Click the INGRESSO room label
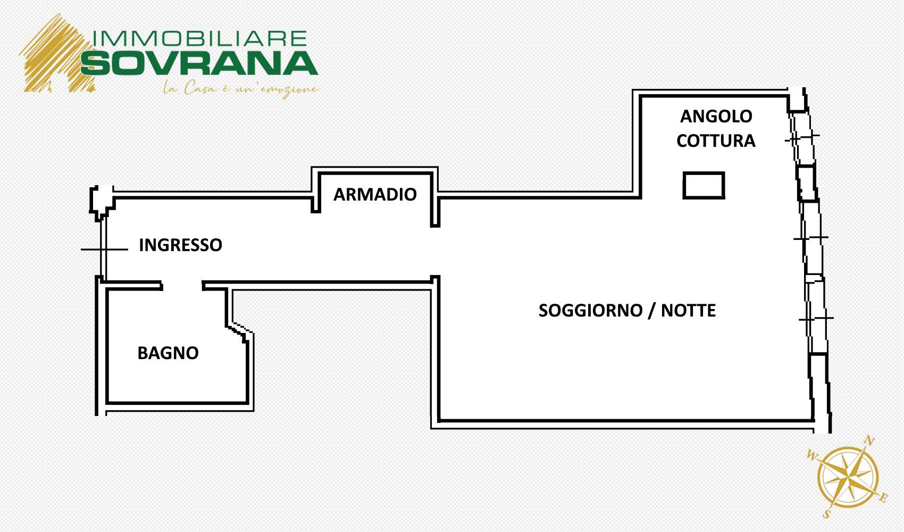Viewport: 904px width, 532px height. [x=180, y=245]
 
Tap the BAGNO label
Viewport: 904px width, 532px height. [x=168, y=353]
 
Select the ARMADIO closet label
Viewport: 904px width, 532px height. [x=375, y=195]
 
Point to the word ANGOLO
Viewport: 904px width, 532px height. [x=716, y=117]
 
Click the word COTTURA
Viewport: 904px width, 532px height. [x=716, y=141]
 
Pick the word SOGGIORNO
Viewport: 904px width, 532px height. [x=590, y=310]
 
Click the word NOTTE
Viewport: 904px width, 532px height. [x=689, y=310]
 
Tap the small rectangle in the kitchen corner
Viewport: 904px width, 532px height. [x=704, y=185]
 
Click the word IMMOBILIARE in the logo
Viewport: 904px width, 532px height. [x=200, y=39]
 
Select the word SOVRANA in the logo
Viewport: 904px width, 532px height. [x=199, y=63]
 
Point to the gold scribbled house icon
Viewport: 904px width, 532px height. [x=56, y=54]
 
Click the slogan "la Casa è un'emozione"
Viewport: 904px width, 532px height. [x=241, y=89]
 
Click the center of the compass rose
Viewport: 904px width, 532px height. [x=848, y=477]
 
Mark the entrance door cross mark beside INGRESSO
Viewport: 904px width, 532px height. [x=104, y=250]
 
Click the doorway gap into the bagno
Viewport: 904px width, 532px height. [x=182, y=286]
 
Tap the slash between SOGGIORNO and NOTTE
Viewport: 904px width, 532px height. [x=651, y=310]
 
